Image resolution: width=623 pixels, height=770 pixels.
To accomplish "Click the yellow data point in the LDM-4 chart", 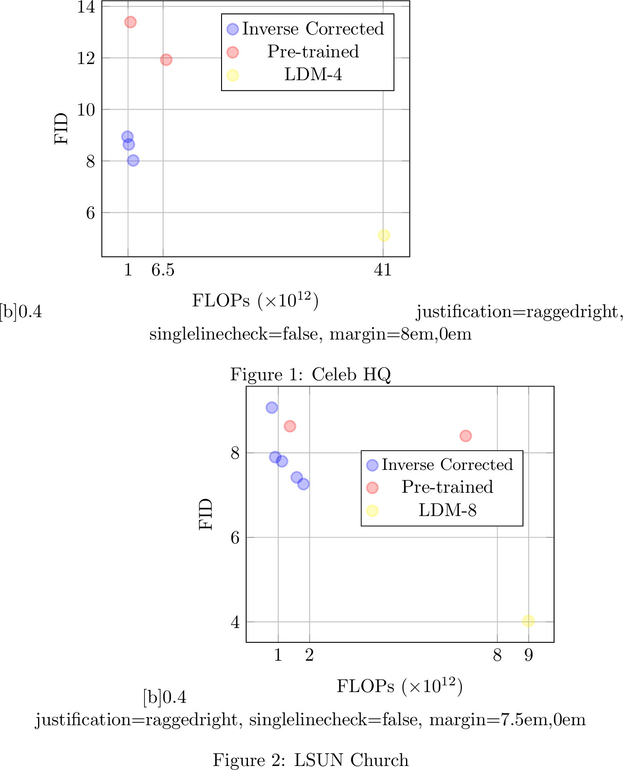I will pyautogui.click(x=384, y=235).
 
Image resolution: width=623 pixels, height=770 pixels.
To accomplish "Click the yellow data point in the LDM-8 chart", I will pyautogui.click(x=528, y=621).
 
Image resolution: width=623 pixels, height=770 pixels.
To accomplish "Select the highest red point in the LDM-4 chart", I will pyautogui.click(x=130, y=22).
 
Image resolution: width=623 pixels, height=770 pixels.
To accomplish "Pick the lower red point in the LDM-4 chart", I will pyautogui.click(x=166, y=60).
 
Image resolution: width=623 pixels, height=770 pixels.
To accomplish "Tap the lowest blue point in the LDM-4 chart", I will pyautogui.click(x=133, y=160).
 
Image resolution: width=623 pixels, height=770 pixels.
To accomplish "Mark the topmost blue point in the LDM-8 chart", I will pyautogui.click(x=272, y=408).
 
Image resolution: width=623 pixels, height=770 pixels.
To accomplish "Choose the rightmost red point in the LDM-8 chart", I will pyautogui.click(x=465, y=436).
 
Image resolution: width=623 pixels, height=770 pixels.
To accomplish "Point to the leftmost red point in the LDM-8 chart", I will pyautogui.click(x=290, y=426).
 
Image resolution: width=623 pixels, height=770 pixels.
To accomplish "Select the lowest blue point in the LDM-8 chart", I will pyautogui.click(x=303, y=484).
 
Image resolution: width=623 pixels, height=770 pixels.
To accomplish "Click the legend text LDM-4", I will pyautogui.click(x=313, y=74).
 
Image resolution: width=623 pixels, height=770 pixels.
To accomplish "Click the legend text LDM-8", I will pyautogui.click(x=447, y=510).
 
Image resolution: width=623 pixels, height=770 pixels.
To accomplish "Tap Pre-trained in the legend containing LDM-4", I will pyautogui.click(x=313, y=52).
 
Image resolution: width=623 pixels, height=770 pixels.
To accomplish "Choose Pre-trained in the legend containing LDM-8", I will pyautogui.click(x=447, y=487).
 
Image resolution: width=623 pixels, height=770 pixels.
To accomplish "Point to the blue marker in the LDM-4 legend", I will pyautogui.click(x=233, y=29).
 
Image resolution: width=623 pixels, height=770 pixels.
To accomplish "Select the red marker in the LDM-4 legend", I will pyautogui.click(x=233, y=52).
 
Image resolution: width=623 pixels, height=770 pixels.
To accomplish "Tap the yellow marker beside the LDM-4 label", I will pyautogui.click(x=233, y=75).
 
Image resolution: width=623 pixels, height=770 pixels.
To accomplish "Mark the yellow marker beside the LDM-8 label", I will pyautogui.click(x=372, y=511).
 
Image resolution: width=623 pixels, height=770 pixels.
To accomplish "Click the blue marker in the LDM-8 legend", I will pyautogui.click(x=372, y=465).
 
